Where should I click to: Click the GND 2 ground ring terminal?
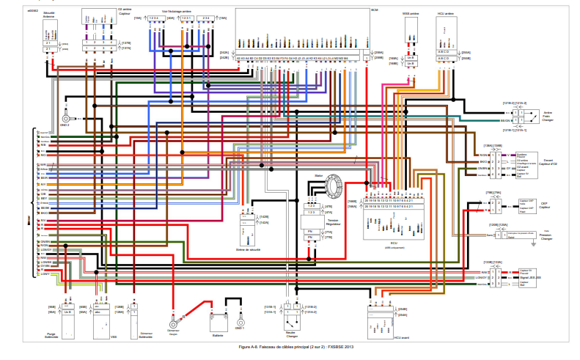pos(66,117)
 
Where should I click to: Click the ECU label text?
pos(395,243)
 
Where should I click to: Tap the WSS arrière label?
pos(411,13)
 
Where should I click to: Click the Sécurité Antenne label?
pos(48,16)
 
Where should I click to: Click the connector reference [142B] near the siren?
pos(264,217)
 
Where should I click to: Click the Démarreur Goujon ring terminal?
pos(173,323)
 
